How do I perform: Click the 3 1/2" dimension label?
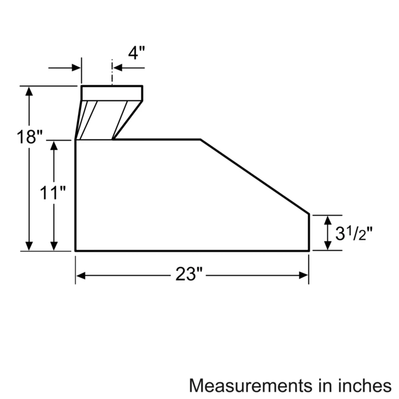click(x=352, y=232)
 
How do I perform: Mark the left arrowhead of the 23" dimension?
click(x=80, y=275)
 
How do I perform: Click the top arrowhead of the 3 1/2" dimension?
click(x=327, y=219)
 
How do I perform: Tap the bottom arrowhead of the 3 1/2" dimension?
click(x=327, y=246)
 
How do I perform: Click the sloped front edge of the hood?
click(x=254, y=177)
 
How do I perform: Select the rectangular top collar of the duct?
click(x=112, y=93)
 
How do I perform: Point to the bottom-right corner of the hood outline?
click(x=309, y=251)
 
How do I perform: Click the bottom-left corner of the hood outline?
click(x=75, y=251)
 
